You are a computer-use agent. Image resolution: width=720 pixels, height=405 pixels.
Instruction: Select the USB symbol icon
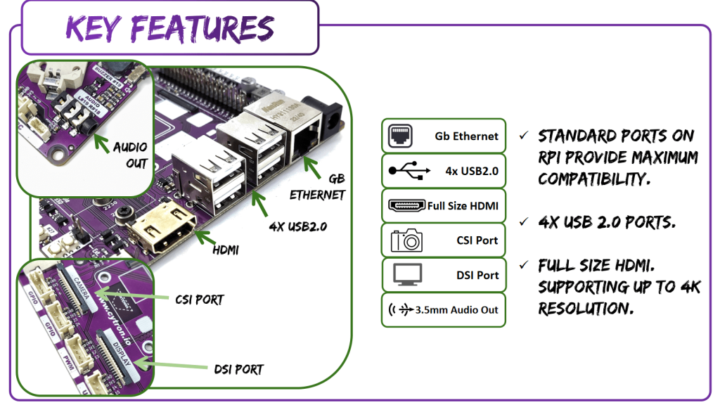406,170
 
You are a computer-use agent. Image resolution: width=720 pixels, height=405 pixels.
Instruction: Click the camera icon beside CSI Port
406,240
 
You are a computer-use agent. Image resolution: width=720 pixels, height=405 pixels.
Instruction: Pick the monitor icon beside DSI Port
406,275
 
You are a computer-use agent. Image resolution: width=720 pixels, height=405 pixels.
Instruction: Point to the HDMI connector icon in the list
407,206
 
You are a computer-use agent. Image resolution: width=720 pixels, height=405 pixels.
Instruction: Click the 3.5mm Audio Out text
456,309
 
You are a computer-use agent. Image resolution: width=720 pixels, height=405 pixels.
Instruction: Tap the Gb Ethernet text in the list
466,136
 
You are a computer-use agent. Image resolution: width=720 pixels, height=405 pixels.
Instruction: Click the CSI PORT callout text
199,300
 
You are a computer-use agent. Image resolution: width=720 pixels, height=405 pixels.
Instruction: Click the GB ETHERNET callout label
318,186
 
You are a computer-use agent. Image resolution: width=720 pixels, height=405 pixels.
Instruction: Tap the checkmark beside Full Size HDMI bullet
524,266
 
